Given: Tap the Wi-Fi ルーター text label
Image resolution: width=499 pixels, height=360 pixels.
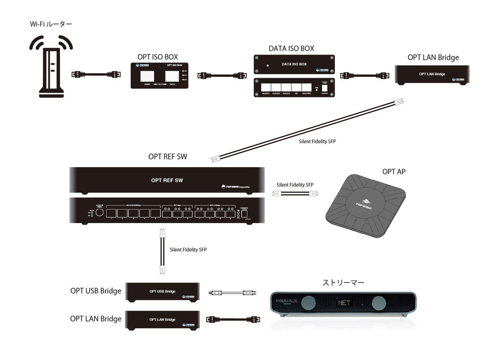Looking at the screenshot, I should [51, 24].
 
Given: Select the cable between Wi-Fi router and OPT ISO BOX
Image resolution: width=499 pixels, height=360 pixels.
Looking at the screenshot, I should [96, 75].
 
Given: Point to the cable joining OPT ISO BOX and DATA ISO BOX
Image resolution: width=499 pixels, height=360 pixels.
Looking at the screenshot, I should [222, 76].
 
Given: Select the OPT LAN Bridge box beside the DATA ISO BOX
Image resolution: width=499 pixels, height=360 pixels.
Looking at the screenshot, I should [432, 75].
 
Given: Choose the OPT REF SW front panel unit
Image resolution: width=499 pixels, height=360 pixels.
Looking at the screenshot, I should [167, 180].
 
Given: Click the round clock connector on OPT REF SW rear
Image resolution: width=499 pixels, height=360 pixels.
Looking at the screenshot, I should [100, 212].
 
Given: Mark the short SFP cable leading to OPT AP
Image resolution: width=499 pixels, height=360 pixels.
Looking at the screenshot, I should [295, 193].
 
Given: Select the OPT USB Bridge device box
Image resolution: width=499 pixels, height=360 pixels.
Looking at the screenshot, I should [163, 291].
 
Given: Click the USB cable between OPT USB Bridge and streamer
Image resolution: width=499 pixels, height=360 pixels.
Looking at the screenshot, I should [233, 293].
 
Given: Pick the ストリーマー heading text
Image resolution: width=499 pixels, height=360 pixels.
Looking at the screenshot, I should [343, 282].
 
